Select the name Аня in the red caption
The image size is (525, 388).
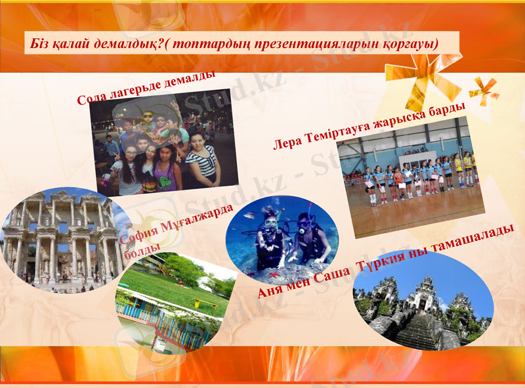click(271, 290)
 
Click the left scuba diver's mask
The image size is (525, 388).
click(270, 223)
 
